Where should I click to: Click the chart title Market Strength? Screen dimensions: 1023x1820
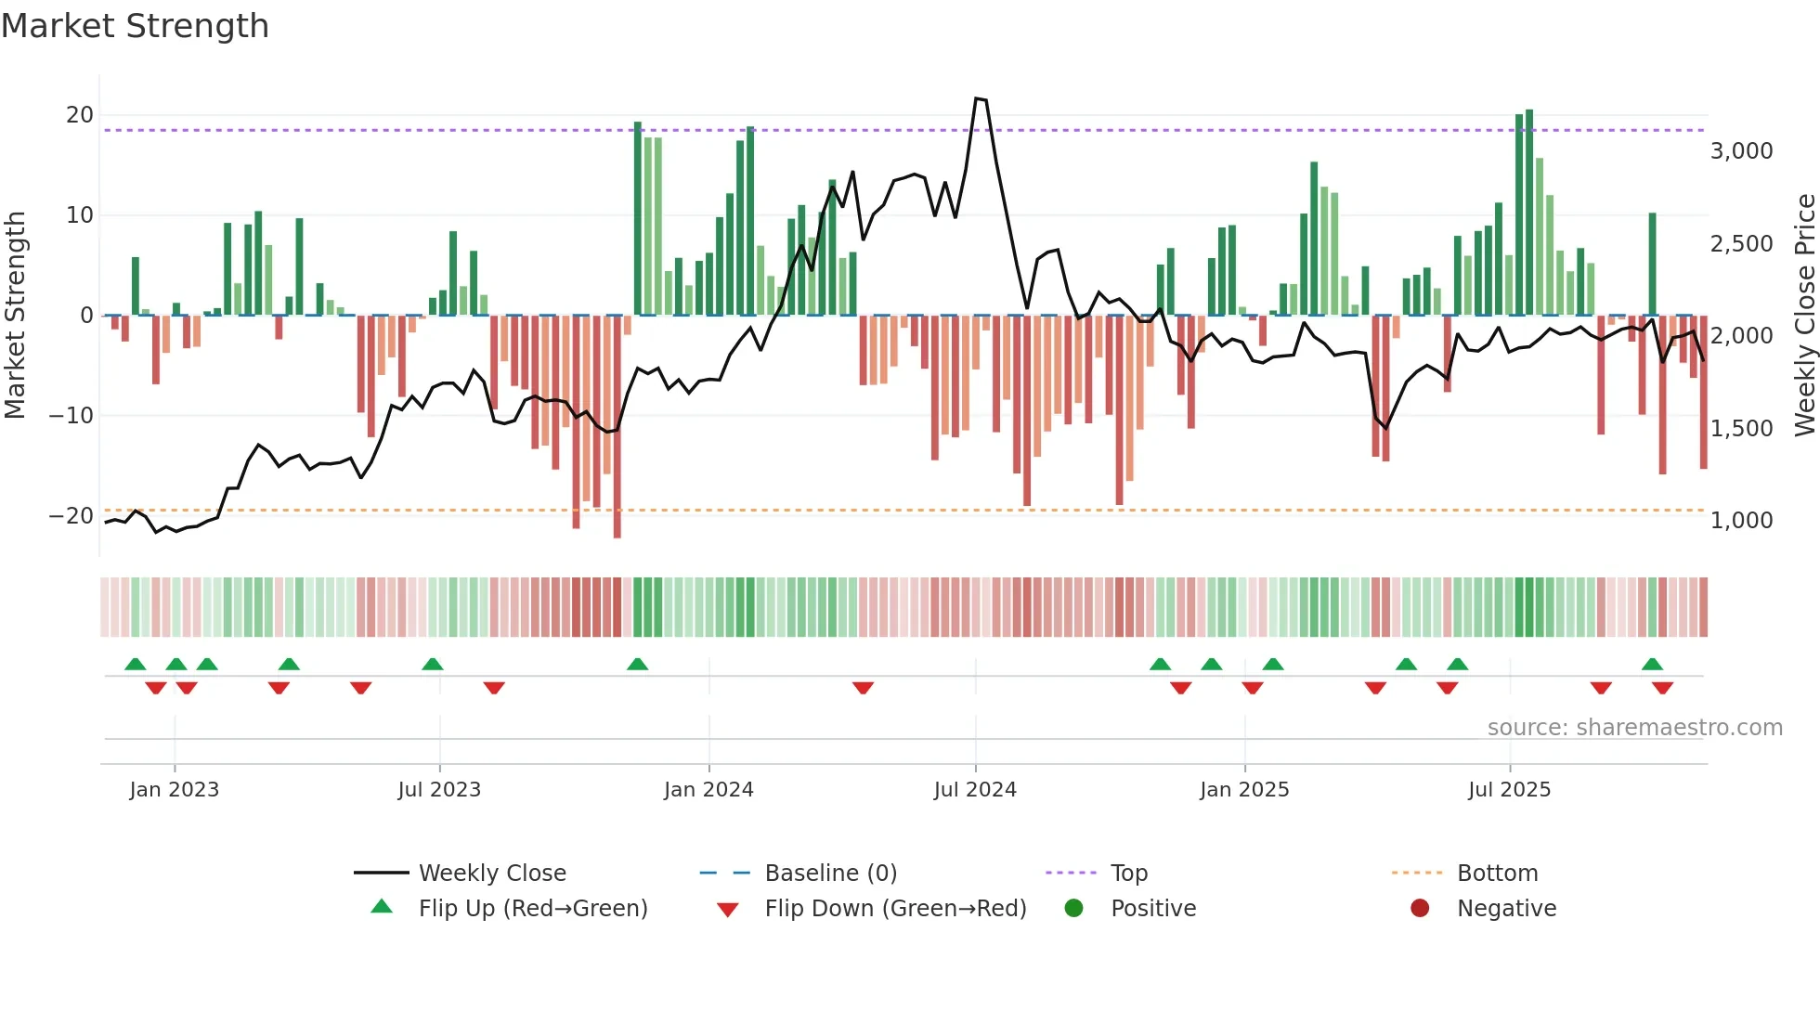[135, 26]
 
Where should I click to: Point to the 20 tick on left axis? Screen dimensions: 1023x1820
[80, 115]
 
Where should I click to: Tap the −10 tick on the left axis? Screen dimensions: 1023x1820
[71, 415]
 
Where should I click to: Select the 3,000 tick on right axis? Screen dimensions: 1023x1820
[1741, 151]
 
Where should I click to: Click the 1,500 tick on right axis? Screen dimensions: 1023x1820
[1741, 428]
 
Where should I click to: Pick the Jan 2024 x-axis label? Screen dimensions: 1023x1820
[708, 790]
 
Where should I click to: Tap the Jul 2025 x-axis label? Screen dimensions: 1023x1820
[1509, 790]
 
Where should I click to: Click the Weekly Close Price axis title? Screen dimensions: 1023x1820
[1804, 315]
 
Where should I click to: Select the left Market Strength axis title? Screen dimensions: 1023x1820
[15, 315]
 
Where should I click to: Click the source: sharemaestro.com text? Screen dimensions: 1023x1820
[1634, 728]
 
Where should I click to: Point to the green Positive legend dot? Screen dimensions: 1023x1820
[1073, 909]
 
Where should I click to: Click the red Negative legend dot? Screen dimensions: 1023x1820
[1420, 909]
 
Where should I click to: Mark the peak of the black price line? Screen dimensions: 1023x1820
[977, 98]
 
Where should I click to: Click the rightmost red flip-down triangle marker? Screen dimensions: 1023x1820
[1662, 688]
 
